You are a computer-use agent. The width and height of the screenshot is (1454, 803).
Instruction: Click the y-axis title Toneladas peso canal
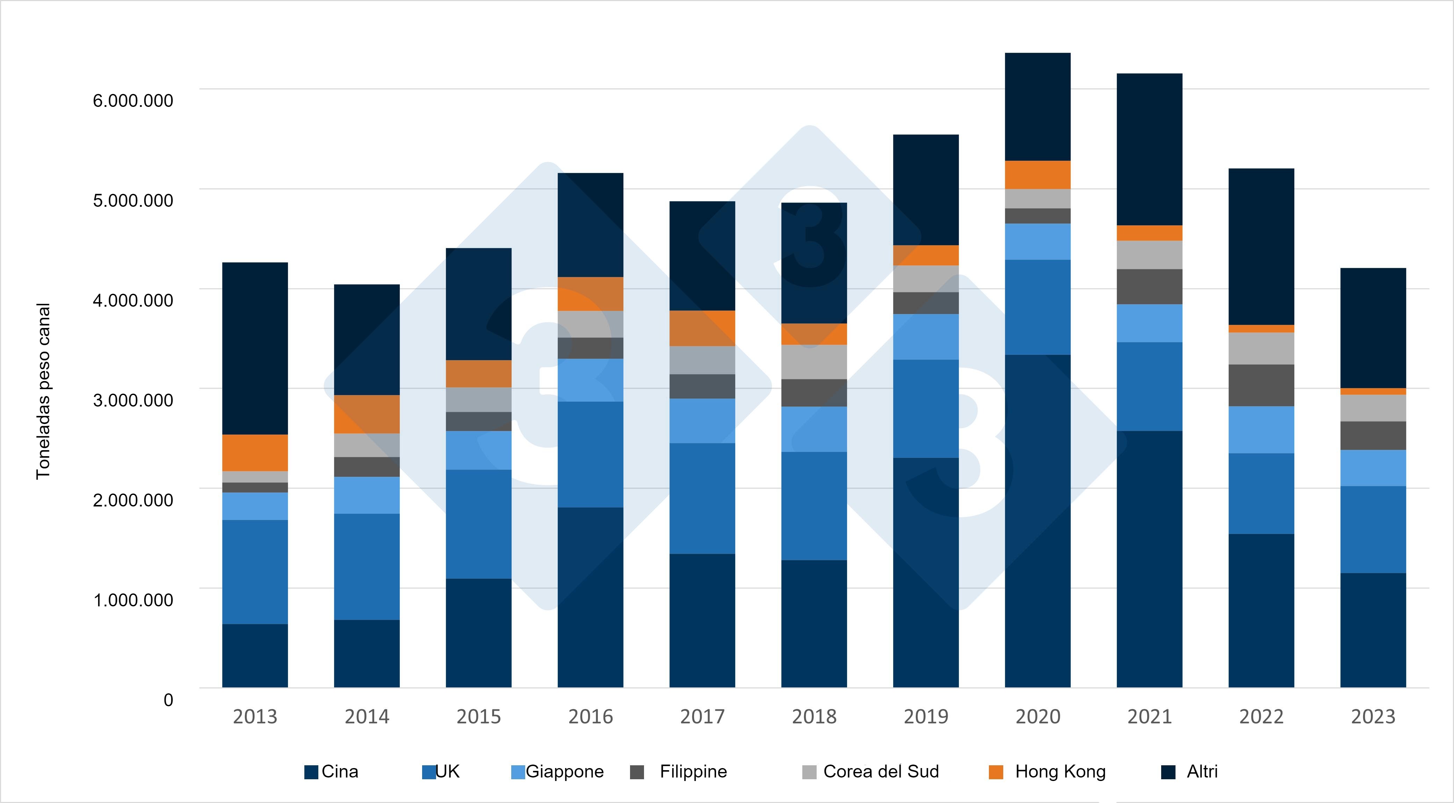tap(43, 391)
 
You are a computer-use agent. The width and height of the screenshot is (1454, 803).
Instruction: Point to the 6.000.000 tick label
tap(133, 101)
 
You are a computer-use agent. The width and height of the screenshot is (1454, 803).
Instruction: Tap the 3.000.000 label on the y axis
tap(133, 400)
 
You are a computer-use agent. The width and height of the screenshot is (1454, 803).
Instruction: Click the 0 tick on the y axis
tap(168, 700)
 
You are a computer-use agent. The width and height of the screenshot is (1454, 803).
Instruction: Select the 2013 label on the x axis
tap(255, 717)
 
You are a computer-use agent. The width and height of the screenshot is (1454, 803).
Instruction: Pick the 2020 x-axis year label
tap(1037, 717)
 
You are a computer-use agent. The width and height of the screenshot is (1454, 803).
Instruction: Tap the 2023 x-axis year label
tap(1373, 717)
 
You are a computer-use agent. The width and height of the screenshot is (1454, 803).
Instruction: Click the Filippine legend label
tap(693, 772)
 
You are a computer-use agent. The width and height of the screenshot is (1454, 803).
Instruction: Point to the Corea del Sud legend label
tap(881, 772)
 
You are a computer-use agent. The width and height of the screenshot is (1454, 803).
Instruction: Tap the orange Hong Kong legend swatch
tap(996, 772)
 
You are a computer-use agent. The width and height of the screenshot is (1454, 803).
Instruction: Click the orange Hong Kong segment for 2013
tap(255, 453)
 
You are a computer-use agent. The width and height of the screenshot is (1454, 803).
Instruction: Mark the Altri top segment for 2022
tap(1261, 247)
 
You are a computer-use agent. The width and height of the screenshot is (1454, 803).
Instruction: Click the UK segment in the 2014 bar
tap(367, 567)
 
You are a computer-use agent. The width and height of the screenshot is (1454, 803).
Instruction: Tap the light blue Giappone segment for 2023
tap(1373, 468)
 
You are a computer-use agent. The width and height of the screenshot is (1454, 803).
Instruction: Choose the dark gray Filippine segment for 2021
tap(1149, 287)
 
